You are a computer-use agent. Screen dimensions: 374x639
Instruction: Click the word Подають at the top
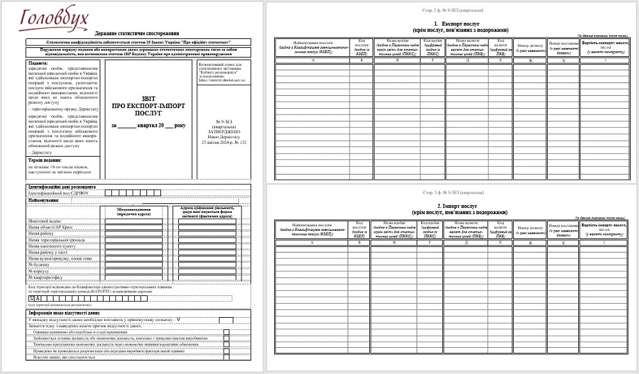pyautogui.click(x=39, y=64)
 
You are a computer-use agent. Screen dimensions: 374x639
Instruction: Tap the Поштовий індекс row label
pyautogui.click(x=44, y=221)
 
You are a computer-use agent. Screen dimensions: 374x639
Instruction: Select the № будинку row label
pyautogui.click(x=39, y=263)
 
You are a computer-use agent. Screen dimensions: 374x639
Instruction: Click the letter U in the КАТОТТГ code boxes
pyautogui.click(x=32, y=299)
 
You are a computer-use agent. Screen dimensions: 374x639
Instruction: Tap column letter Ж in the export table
pyautogui.click(x=530, y=61)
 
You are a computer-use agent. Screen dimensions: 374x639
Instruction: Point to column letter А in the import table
pyautogui.click(x=312, y=243)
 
